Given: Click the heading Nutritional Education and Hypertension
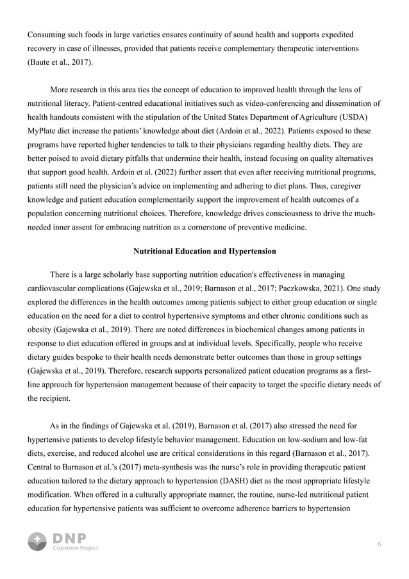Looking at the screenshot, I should (x=204, y=251).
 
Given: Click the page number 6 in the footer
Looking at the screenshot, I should (x=380, y=544).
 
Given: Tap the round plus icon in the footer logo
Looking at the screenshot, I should (x=37, y=541).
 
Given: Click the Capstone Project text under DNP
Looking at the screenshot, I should (x=75, y=548).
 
